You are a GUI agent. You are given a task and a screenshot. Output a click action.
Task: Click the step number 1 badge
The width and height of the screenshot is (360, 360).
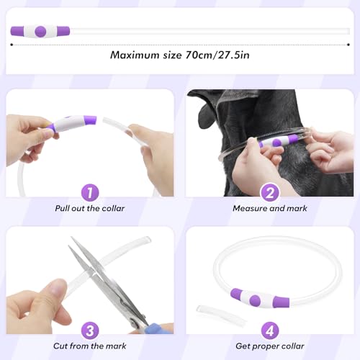pos(90,192)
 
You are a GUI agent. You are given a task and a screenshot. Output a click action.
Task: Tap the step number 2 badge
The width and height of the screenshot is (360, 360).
pos(270,192)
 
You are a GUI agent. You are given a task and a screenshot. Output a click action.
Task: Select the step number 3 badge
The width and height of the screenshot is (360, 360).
pos(90,330)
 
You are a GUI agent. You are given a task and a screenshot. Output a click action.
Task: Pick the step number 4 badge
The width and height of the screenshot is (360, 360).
pos(270,330)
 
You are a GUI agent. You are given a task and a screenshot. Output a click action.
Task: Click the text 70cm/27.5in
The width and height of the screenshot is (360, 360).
pos(217,55)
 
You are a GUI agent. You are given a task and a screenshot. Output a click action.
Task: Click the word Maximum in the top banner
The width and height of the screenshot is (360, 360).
pos(135,55)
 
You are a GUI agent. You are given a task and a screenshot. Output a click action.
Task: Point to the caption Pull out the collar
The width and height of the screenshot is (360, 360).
pos(90,208)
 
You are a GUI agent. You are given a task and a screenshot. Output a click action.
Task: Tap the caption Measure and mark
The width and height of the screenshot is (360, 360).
pos(270,208)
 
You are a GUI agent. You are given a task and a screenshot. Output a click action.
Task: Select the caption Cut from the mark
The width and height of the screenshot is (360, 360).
pos(90,346)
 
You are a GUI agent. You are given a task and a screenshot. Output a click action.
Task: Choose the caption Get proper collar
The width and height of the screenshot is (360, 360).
pos(270,346)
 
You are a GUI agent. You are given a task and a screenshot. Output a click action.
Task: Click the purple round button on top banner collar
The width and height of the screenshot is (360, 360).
pos(40,31)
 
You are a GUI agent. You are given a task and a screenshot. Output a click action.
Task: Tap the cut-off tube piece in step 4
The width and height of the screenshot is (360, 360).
pos(221,315)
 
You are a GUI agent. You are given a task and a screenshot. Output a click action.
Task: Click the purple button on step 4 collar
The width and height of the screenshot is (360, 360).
pos(255,300)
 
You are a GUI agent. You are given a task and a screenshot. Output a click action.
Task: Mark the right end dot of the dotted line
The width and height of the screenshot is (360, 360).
pos(348,45)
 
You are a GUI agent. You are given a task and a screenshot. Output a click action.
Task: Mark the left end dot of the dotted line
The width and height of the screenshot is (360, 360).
pos(12,45)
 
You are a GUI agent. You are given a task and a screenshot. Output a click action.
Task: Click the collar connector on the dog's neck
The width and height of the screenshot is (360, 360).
pos(279,141)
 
